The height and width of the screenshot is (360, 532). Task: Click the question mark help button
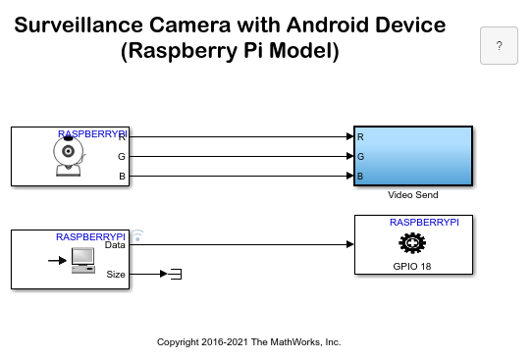click(x=499, y=46)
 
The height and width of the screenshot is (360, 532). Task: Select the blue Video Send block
click(x=413, y=155)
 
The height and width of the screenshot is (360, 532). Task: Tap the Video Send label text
click(x=413, y=195)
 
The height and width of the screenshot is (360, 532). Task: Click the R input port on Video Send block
click(x=360, y=136)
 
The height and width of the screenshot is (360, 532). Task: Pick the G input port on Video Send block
click(x=360, y=156)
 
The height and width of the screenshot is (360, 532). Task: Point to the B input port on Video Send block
click(x=360, y=177)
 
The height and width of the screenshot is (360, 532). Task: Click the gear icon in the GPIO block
click(x=413, y=244)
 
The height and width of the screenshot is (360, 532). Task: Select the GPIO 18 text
click(x=413, y=266)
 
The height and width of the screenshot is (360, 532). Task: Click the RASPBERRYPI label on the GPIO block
click(x=424, y=223)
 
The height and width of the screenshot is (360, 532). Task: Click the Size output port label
click(x=116, y=275)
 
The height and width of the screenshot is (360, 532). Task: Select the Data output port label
click(x=115, y=245)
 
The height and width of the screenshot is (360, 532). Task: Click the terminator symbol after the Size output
click(x=176, y=274)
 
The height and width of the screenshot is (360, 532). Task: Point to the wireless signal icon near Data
click(x=138, y=235)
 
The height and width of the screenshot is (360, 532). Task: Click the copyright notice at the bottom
click(x=249, y=342)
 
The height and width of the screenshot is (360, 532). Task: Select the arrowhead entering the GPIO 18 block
click(x=348, y=244)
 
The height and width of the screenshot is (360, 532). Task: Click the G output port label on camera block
click(x=121, y=156)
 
